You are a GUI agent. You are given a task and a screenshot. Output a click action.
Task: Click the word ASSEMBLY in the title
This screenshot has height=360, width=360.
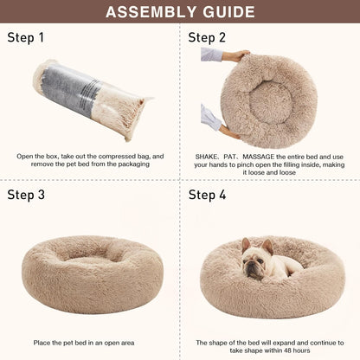(x=144, y=12)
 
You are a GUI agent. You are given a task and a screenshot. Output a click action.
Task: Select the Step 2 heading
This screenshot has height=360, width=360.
(x=207, y=37)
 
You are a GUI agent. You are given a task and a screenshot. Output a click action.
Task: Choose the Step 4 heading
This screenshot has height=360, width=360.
(x=208, y=195)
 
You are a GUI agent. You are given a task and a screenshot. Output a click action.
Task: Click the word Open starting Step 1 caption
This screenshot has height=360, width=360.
(x=27, y=156)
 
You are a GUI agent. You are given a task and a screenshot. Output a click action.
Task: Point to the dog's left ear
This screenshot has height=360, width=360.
(x=246, y=244)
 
